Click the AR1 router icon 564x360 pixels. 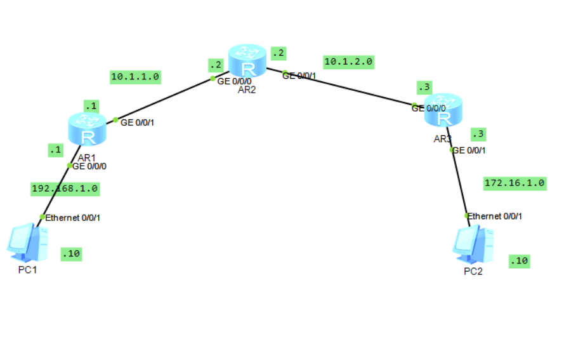88,130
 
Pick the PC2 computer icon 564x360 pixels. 473,245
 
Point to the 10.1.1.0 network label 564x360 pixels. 134,77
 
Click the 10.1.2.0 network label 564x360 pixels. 348,62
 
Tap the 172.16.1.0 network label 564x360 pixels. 515,183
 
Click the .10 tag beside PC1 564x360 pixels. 72,254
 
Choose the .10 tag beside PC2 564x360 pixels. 519,260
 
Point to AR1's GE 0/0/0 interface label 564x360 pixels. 90,167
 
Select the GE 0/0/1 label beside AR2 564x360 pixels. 299,76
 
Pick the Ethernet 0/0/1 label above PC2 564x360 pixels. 495,217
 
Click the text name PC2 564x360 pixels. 473,272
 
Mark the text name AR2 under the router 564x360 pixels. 247,90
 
